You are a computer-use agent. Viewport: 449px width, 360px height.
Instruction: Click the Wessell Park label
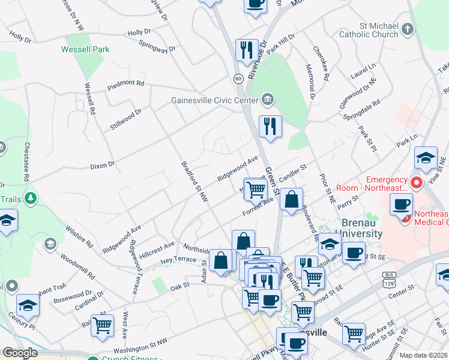click(x=85, y=49)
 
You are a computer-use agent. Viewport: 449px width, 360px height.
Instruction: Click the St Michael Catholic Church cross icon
click(x=408, y=29)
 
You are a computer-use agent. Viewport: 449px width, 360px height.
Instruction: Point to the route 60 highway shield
click(x=238, y=79)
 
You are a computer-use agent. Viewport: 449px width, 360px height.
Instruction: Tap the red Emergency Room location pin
click(x=415, y=181)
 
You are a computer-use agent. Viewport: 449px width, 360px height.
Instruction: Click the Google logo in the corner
click(x=19, y=353)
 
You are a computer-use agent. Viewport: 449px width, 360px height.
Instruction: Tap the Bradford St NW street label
click(x=194, y=181)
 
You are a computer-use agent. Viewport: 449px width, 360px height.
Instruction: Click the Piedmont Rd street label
click(x=126, y=85)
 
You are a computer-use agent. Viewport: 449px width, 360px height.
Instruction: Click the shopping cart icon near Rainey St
click(x=103, y=325)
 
